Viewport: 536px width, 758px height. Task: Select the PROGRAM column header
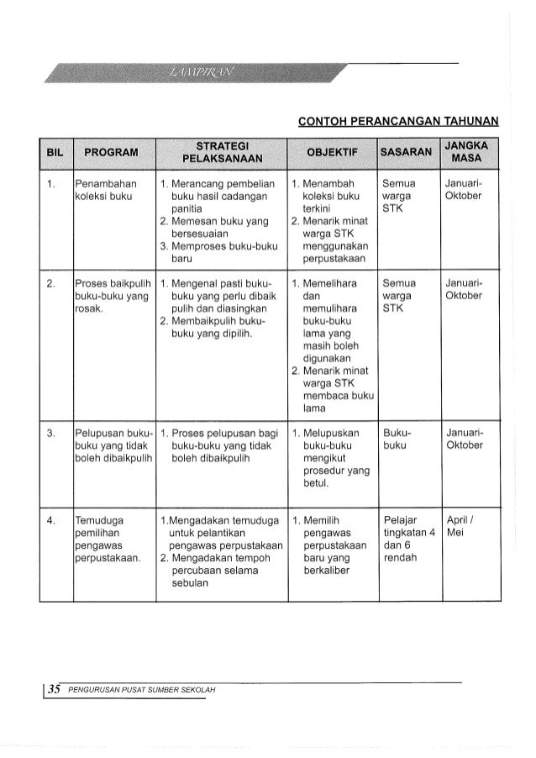(x=111, y=152)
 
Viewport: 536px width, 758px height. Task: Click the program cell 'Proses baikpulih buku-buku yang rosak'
(x=109, y=296)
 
